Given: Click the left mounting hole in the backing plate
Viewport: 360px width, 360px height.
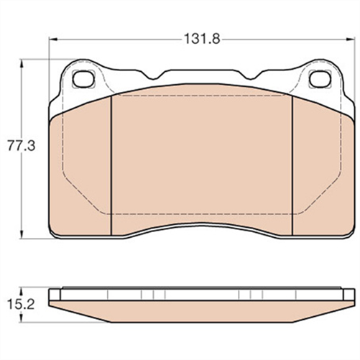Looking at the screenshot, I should pyautogui.click(x=84, y=80).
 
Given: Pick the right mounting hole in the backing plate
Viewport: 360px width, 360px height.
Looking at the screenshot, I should pyautogui.click(x=319, y=80).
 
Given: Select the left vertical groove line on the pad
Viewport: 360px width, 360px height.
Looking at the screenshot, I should pyautogui.click(x=113, y=165).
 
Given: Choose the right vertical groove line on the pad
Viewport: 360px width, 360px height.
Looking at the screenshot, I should pyautogui.click(x=292, y=165).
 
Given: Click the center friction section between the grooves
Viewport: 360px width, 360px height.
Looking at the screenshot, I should pyautogui.click(x=203, y=158).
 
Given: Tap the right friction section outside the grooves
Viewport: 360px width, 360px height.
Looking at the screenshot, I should pyautogui.click(x=323, y=172).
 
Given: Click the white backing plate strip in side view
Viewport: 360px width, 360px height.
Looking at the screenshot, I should pyautogui.click(x=203, y=294).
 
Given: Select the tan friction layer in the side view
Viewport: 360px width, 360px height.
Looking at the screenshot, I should pyautogui.click(x=203, y=310).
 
